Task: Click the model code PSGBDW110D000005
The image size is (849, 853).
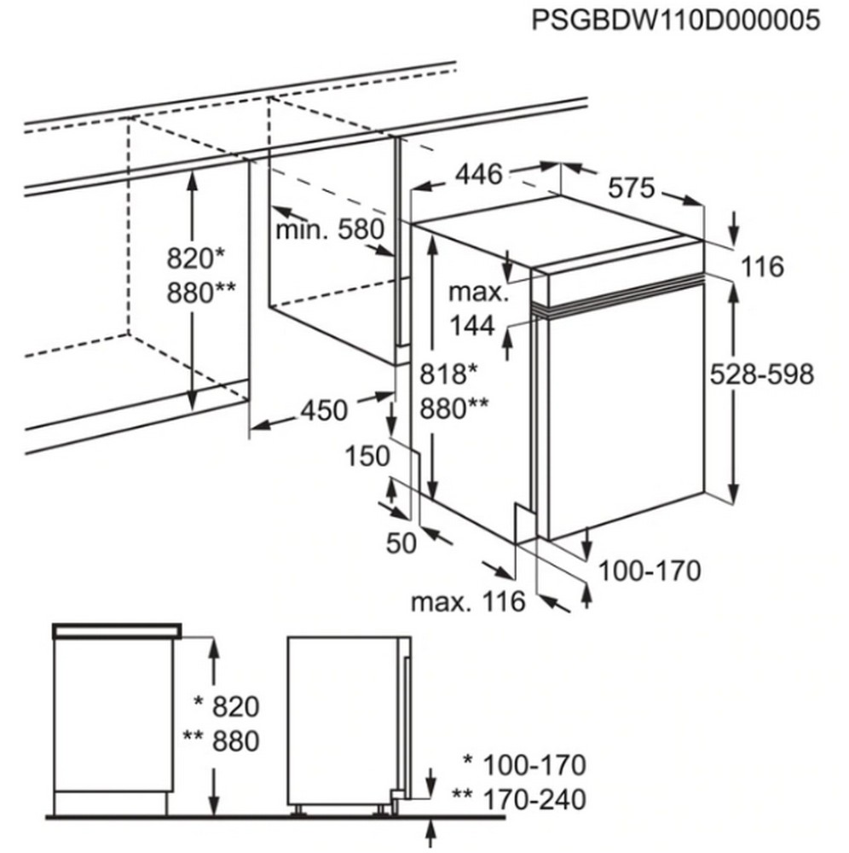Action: (675, 20)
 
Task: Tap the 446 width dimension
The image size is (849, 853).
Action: (479, 175)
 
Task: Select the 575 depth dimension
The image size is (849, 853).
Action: (632, 189)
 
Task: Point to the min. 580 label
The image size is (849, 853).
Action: (330, 229)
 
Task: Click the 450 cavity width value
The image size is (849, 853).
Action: (324, 410)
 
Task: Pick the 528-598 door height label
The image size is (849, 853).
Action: (762, 374)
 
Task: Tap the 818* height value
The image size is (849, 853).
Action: (448, 374)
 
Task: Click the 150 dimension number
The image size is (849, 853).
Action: (367, 456)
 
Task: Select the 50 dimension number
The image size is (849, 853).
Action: (401, 543)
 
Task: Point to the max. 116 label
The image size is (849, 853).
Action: (469, 601)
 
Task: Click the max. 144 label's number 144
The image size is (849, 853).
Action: (472, 326)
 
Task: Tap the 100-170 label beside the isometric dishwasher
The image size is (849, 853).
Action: (650, 571)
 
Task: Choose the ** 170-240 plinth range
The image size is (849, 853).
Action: (519, 800)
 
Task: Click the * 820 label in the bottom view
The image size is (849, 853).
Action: (227, 706)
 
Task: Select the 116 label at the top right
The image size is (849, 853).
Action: (763, 266)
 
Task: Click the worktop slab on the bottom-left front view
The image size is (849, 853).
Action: (117, 630)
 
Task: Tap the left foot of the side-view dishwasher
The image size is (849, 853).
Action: (297, 810)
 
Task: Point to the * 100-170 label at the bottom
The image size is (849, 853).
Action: (524, 765)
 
